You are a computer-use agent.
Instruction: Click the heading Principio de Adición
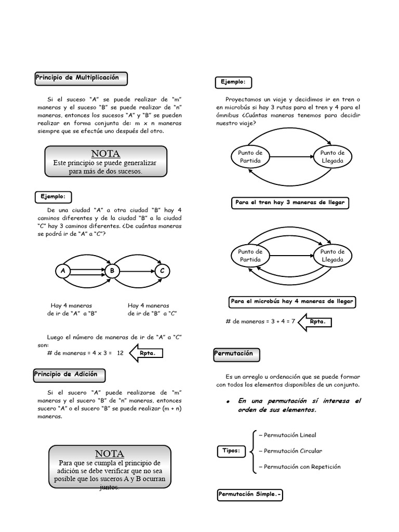coord(70,375)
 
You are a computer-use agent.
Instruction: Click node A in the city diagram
coord(63,271)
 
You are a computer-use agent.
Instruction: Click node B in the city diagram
coord(111,271)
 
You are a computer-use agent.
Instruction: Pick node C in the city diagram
coord(162,271)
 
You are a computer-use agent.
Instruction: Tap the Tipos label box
coord(231,451)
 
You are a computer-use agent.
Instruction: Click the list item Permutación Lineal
coord(290,435)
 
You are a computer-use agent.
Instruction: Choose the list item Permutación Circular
coord(293,451)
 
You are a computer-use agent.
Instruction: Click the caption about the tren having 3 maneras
coord(289,203)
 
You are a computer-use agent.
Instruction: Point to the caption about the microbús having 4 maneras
coord(292,302)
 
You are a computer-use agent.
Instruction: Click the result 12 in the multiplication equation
coord(120,353)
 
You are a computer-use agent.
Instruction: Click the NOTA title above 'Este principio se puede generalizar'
coord(105,154)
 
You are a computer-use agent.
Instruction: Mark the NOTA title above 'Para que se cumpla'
coord(110,454)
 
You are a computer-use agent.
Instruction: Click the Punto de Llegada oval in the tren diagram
coord(332,156)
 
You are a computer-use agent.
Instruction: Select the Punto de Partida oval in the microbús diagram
coord(250,256)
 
